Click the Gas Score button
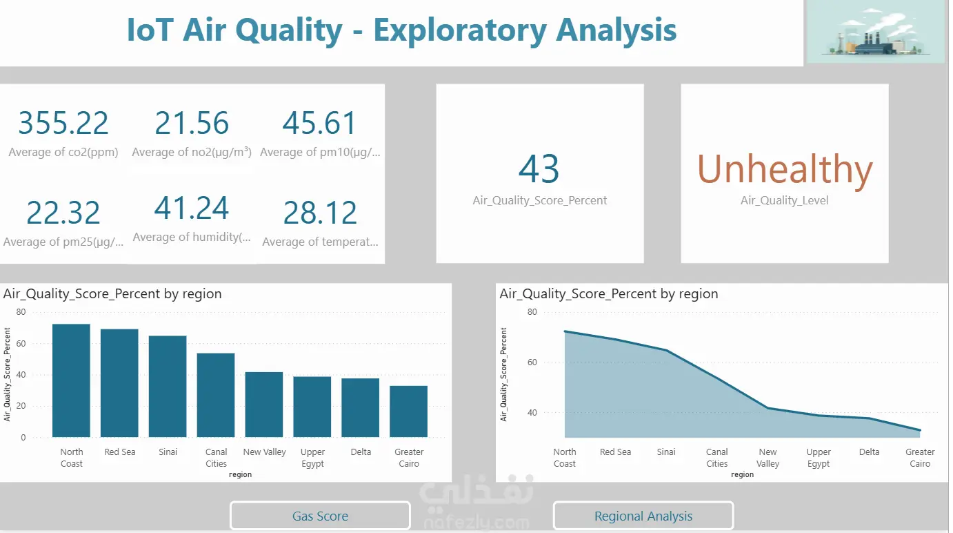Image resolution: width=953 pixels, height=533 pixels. pos(320,516)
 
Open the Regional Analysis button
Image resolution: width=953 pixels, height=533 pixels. pos(643,516)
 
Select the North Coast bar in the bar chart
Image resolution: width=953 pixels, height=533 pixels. pos(71,380)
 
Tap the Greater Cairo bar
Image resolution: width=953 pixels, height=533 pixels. pos(408,411)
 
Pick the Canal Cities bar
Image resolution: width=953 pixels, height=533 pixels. pos(216,395)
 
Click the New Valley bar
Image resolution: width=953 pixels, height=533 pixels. pos(264,405)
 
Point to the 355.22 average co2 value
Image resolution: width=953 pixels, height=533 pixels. pos(63,124)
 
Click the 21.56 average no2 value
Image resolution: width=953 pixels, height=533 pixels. pos(192,124)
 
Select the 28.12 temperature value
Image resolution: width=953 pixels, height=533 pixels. pos(320,213)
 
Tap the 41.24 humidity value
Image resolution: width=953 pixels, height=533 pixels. pos(192,209)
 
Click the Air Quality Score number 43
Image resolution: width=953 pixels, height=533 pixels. pos(539,169)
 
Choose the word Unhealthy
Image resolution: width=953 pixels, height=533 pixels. pos(785,169)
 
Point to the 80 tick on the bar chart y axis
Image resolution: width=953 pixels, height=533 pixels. pos(21,312)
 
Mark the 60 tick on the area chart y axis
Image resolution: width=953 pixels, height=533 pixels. pos(532,362)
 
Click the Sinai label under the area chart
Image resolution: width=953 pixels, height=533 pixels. pos(666,452)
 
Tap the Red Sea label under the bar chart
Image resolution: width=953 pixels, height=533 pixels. pos(120,452)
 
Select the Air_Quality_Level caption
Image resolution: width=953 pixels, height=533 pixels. pos(785,201)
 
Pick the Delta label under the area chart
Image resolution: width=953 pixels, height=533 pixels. pos(870,452)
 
